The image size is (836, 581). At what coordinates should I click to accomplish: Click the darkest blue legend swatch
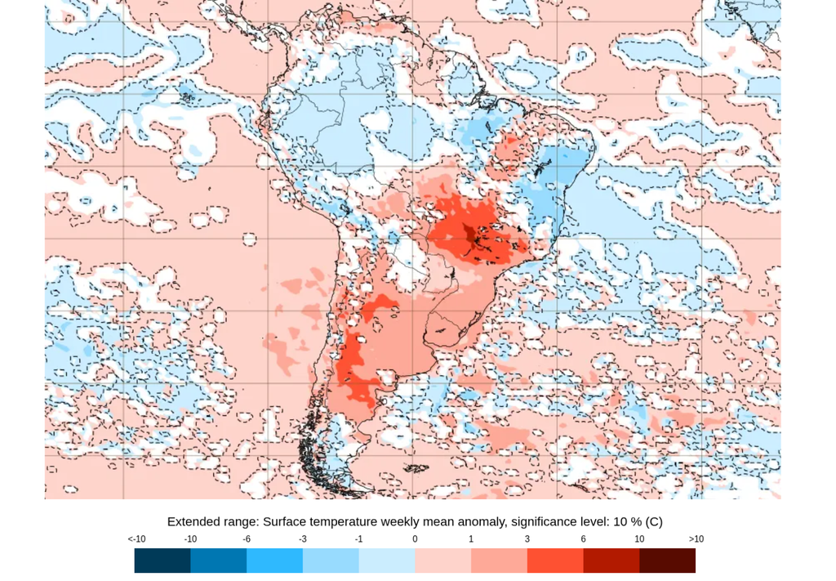(162, 561)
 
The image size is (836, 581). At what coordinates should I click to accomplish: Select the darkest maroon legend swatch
(668, 561)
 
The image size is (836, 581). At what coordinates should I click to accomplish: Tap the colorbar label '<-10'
(136, 539)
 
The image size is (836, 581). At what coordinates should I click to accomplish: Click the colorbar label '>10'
(696, 539)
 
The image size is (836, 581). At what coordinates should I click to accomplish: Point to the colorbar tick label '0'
(415, 539)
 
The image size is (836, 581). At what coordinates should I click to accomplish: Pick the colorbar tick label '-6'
(247, 539)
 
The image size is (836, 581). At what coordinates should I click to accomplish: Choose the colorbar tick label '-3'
(302, 539)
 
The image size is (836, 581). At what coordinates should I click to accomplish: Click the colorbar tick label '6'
(583, 539)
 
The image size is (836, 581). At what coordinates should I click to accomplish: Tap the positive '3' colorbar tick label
(527, 539)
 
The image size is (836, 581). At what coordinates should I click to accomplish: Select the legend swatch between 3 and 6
(555, 561)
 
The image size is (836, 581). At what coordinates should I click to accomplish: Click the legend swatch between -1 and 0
(387, 561)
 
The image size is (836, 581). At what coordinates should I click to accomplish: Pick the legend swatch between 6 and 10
(611, 561)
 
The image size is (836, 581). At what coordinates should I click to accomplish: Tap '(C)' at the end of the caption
(653, 521)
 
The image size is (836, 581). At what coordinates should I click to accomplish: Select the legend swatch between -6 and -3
(274, 561)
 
